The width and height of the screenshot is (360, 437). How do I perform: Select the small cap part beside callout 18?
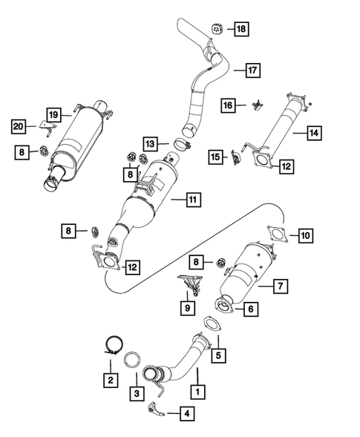(x=217, y=28)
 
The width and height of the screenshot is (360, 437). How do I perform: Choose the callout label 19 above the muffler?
(x=54, y=114)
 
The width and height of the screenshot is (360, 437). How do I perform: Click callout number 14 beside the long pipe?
(x=315, y=134)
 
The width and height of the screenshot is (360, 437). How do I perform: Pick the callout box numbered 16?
(x=230, y=106)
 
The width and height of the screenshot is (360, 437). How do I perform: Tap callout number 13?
(x=151, y=142)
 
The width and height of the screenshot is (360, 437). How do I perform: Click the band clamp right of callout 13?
(x=183, y=144)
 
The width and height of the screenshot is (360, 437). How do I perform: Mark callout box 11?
(x=192, y=199)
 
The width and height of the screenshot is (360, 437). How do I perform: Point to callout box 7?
(x=281, y=285)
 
